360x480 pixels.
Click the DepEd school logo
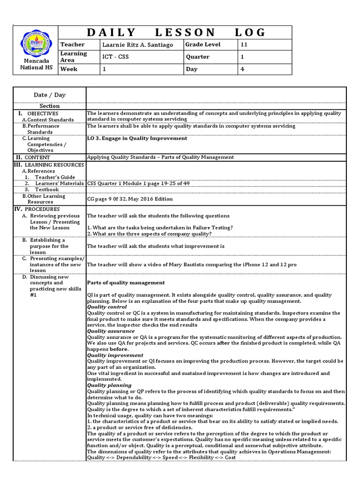(34, 44)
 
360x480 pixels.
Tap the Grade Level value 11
(244, 45)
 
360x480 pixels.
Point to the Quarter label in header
(197, 57)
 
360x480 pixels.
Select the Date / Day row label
(50, 95)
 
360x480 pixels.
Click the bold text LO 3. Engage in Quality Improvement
(137, 138)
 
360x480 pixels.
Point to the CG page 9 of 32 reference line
(130, 199)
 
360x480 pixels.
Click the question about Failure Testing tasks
(160, 227)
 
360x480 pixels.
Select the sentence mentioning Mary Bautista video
(192, 264)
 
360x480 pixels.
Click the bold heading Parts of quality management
(126, 283)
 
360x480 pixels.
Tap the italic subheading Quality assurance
(111, 331)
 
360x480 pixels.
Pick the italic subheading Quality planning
(109, 385)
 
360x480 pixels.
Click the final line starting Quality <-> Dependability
(161, 457)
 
